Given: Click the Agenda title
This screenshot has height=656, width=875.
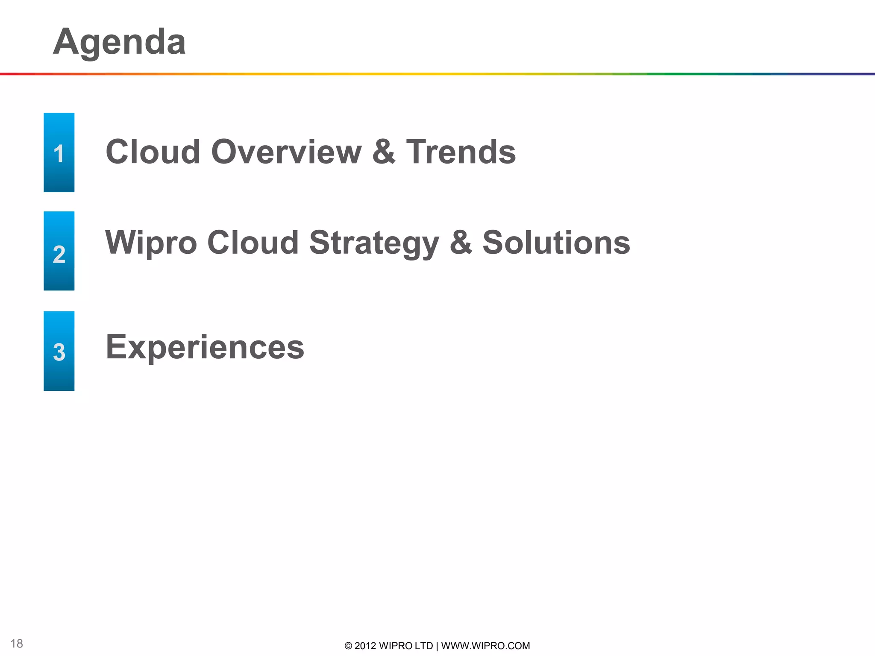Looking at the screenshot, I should coord(119,42).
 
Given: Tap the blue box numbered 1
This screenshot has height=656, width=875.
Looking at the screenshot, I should coord(59,152).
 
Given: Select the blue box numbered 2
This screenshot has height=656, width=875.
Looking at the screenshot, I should coord(59,251).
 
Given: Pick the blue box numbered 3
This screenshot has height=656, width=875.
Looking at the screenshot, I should coord(59,351).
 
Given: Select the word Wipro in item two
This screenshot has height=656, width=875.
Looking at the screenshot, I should coord(151,243).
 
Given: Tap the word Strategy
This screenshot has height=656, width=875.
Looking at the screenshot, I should coord(374,243).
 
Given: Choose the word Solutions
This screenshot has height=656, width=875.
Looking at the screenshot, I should coord(556,243).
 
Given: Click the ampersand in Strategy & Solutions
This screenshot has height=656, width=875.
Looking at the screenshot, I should coord(461,243).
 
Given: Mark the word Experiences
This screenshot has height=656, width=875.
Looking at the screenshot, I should coord(205,347).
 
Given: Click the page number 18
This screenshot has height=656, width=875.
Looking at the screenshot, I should coord(17,644).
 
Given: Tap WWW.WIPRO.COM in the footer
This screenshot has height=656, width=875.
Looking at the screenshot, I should coord(485,646).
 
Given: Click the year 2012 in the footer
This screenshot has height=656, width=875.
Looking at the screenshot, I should coord(365,646).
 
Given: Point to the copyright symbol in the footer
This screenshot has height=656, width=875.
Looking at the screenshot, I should coord(348,646).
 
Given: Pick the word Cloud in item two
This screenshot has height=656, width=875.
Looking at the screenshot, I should coord(253,243).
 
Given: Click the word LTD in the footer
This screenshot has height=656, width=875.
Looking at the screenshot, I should coord(424,646).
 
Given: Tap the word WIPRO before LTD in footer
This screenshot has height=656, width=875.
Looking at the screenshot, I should coord(396,646).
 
